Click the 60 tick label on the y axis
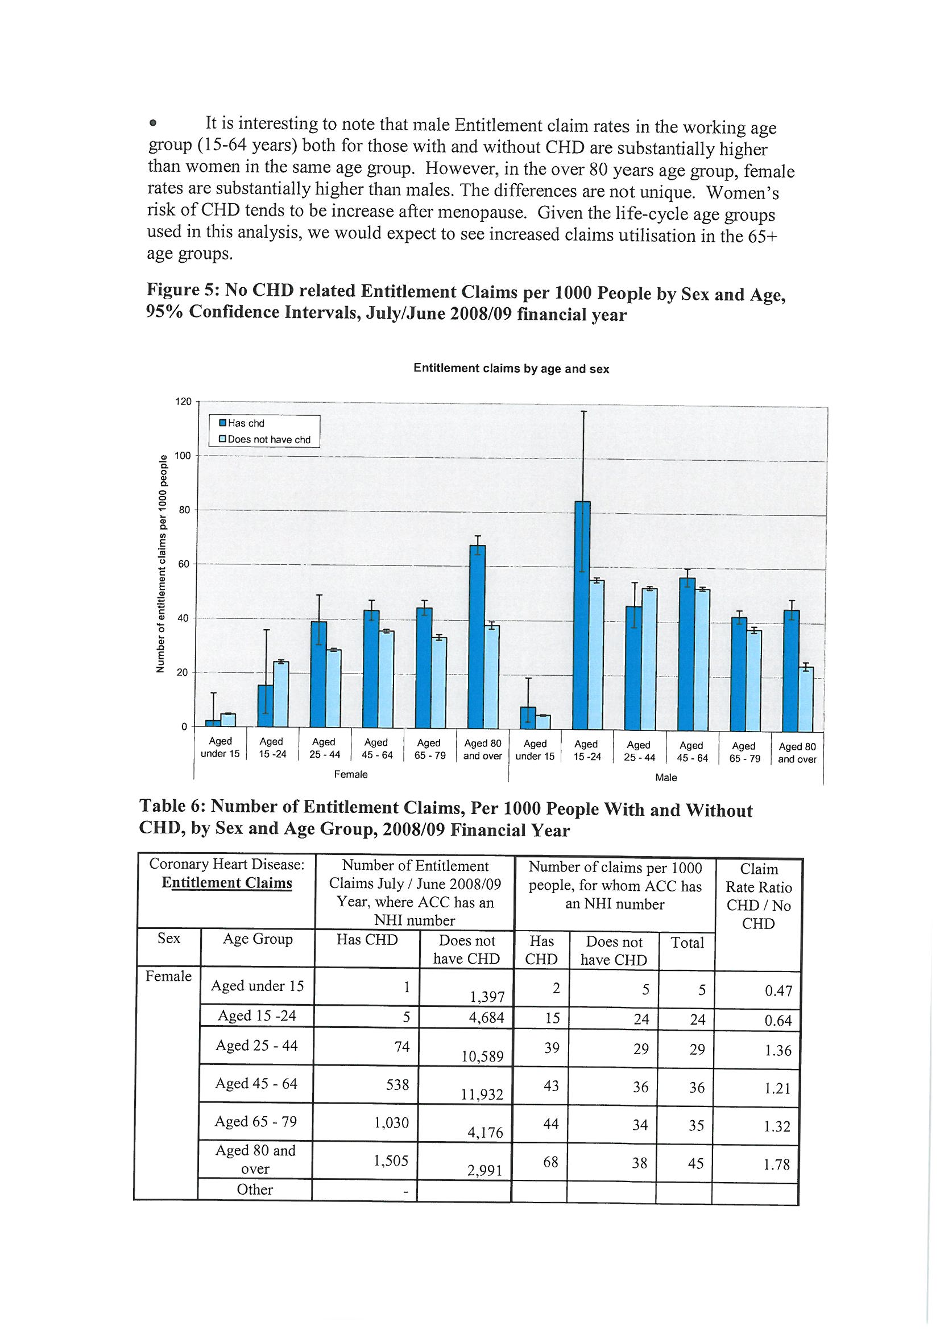[184, 564]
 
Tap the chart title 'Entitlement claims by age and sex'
[511, 369]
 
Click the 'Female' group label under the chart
[350, 774]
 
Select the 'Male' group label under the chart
[665, 778]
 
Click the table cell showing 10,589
[482, 1057]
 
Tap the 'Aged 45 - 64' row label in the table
[256, 1083]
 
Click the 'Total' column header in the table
[687, 943]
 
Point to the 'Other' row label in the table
[255, 1190]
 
